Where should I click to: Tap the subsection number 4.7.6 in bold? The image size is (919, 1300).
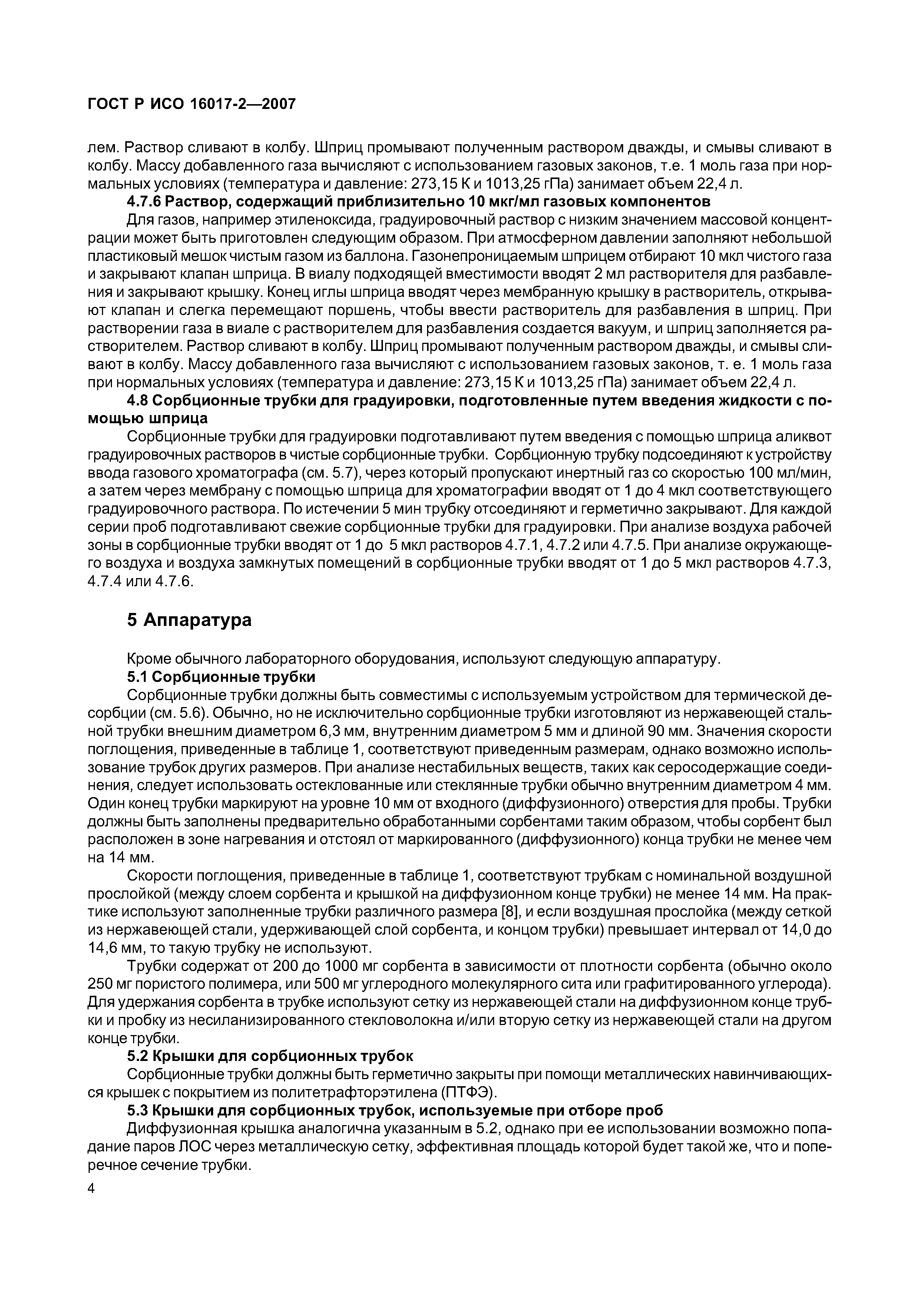point(146,202)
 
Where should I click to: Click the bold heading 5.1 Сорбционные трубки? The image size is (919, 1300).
point(221,677)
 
